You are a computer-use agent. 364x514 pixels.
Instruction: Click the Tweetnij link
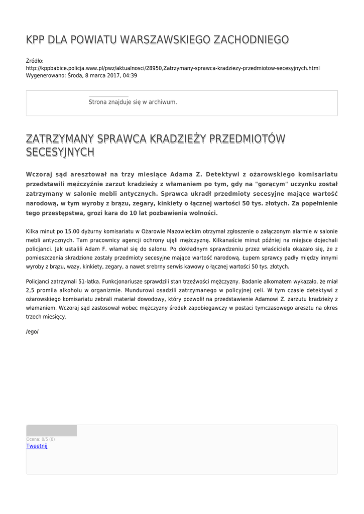coord(37,446)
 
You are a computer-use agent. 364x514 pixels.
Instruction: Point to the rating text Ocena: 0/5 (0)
coord(41,439)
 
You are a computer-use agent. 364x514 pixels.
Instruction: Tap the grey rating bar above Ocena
coord(51,431)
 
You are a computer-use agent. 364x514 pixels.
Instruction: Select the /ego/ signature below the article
coord(32,332)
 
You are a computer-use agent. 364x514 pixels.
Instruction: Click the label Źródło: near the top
coord(35,61)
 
